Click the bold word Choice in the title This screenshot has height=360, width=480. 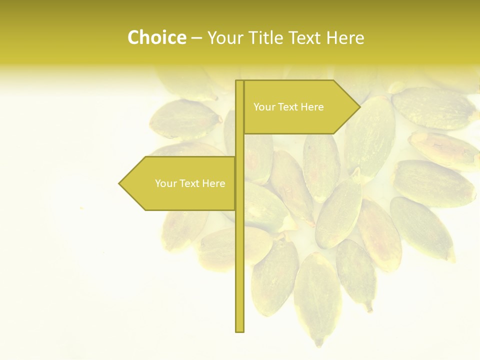coord(156,38)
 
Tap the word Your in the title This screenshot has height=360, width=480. coord(223,38)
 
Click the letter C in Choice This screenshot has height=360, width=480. coord(133,38)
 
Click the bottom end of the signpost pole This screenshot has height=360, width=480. coord(240,330)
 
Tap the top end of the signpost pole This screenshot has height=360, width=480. coord(240,81)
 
